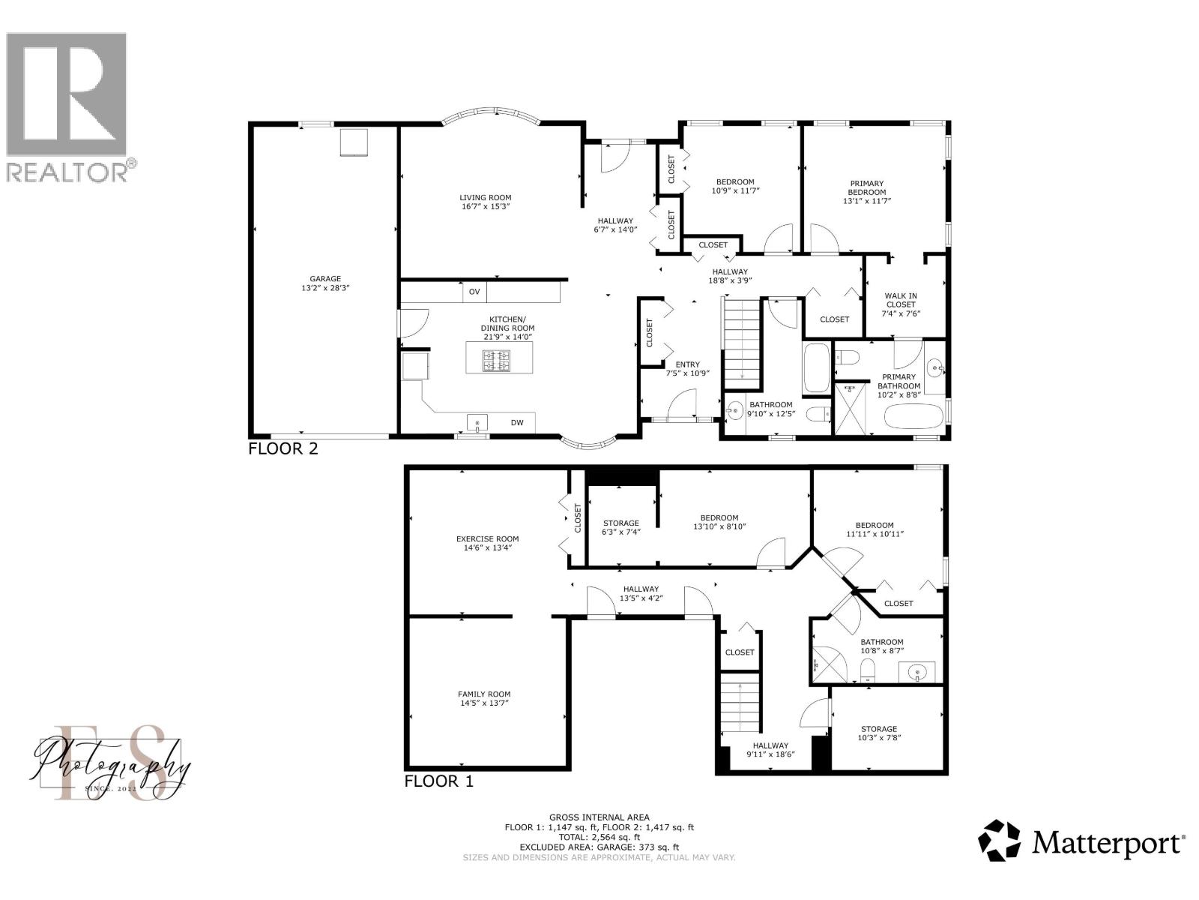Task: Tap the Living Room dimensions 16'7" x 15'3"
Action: coord(486,206)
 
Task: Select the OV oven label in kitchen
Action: coord(474,292)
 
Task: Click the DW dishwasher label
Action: coord(517,423)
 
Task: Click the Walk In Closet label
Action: coord(900,304)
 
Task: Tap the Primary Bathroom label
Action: coord(899,382)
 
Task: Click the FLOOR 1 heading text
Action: coord(439,781)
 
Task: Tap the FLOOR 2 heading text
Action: coord(283,449)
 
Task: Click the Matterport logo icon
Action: coord(1000,841)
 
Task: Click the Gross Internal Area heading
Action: coord(599,817)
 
